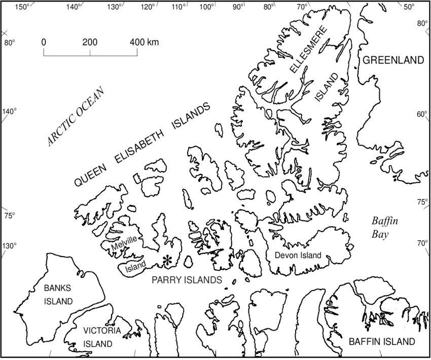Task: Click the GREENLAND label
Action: tap(393, 60)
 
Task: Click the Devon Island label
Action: tap(298, 255)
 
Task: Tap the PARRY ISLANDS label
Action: tap(187, 279)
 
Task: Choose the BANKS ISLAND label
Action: tap(57, 295)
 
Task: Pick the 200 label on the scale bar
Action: tap(90, 42)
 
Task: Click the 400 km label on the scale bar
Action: tap(144, 42)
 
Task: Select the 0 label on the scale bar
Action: tap(44, 42)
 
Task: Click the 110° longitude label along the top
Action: tap(178, 7)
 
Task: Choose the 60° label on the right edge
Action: tap(422, 114)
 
